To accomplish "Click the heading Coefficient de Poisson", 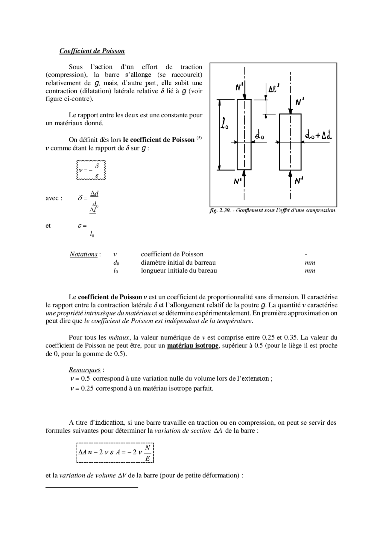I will pos(92,51).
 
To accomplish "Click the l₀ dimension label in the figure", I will pos(224,124).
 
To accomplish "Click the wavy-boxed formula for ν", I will pos(91,170).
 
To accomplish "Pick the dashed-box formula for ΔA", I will pos(115,452).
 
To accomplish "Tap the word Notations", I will pos(83,255).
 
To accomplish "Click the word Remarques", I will pos(85,370).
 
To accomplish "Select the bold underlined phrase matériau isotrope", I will pos(193,346).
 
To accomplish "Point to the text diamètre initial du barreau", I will pos(178,263).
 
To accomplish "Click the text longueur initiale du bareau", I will pos(179,271).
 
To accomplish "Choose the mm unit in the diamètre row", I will pos(310,263).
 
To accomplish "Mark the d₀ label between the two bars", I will pos(259,136).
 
